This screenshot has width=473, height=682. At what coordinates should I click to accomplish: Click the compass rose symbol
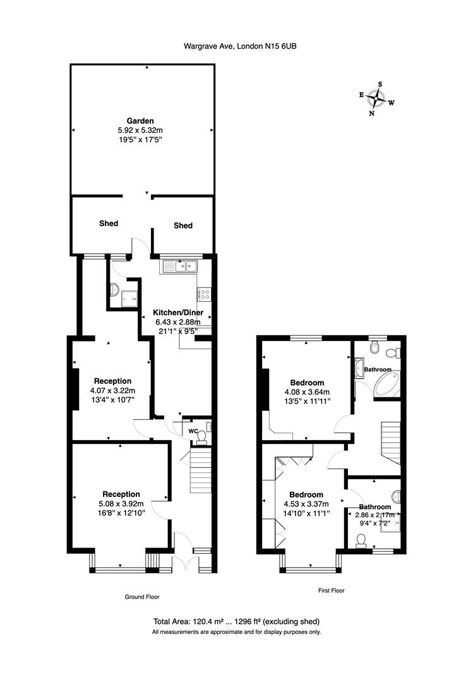pyautogui.click(x=378, y=98)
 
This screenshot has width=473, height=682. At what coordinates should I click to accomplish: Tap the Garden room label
pyautogui.click(x=140, y=121)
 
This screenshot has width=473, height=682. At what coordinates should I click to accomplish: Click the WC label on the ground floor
pyautogui.click(x=193, y=431)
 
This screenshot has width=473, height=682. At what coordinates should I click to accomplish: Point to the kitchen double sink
pyautogui.click(x=181, y=266)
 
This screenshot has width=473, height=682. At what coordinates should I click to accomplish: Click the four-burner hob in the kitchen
pyautogui.click(x=205, y=293)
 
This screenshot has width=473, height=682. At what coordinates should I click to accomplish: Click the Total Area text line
pyautogui.click(x=236, y=621)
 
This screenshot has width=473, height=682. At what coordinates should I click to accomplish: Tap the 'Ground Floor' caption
pyautogui.click(x=142, y=597)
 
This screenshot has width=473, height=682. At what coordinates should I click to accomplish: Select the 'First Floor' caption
pyautogui.click(x=330, y=591)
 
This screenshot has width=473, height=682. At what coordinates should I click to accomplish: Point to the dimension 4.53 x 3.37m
pyautogui.click(x=306, y=504)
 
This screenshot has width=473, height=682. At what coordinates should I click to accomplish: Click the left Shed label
pyautogui.click(x=108, y=223)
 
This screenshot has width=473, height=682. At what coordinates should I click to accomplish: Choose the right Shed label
pyautogui.click(x=183, y=225)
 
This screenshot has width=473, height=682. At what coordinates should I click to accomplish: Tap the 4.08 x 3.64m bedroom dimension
pyautogui.click(x=307, y=392)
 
